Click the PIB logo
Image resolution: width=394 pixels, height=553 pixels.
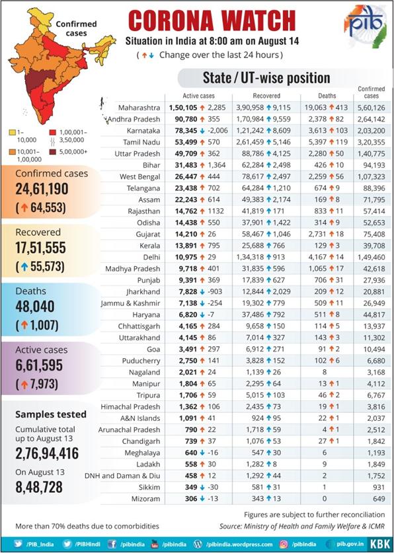pos(365,22)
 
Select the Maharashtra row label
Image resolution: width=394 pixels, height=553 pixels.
pos(139,108)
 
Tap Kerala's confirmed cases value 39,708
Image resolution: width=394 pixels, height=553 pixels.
pos(374,246)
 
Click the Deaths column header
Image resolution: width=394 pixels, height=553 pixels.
pos(327,96)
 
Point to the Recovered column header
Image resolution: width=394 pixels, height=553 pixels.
pos(266,96)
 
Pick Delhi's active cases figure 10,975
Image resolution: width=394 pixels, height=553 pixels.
pos(186,257)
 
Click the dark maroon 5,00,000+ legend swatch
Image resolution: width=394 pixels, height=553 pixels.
pos(52,152)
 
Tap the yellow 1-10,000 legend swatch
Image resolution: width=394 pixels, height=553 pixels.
pos(13,133)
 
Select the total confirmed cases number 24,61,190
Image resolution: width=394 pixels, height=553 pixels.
pos(42,189)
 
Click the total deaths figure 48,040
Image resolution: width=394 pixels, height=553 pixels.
pos(35,307)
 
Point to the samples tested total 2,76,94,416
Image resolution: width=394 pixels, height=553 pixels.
pos(47,453)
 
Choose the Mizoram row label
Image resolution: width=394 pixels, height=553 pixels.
pos(145,499)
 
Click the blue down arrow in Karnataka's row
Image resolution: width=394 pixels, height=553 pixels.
pos(202,131)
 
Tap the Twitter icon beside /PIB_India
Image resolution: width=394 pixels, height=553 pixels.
pos(18,544)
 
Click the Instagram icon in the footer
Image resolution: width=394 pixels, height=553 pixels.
pos(283,544)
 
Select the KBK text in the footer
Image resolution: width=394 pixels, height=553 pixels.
pos(380,544)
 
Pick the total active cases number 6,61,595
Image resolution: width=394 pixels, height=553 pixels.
pos(39,365)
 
